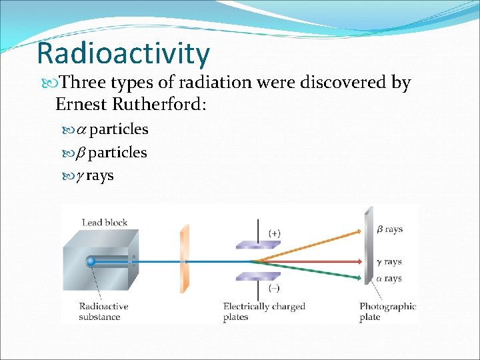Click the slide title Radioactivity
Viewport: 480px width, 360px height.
tap(123, 53)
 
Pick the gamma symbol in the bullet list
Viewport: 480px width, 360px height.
tap(80, 177)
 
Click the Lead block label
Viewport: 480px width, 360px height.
tap(104, 222)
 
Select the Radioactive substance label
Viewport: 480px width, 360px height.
tap(103, 311)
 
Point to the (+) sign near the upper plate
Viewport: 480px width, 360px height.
tap(274, 233)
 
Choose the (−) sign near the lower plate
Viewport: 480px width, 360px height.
tap(274, 289)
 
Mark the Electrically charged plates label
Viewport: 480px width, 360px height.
tap(264, 311)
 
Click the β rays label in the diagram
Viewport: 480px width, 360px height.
tap(389, 229)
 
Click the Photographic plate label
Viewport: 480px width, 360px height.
tap(387, 311)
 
